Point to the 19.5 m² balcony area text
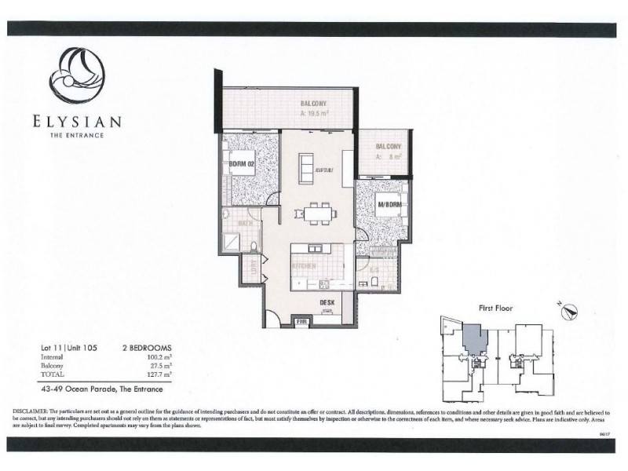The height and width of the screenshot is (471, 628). [x=313, y=113]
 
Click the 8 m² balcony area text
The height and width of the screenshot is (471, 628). [x=389, y=156]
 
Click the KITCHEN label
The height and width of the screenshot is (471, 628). [x=304, y=266]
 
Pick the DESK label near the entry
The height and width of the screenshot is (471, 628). [x=328, y=302]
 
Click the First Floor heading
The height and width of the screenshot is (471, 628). [x=495, y=309]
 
